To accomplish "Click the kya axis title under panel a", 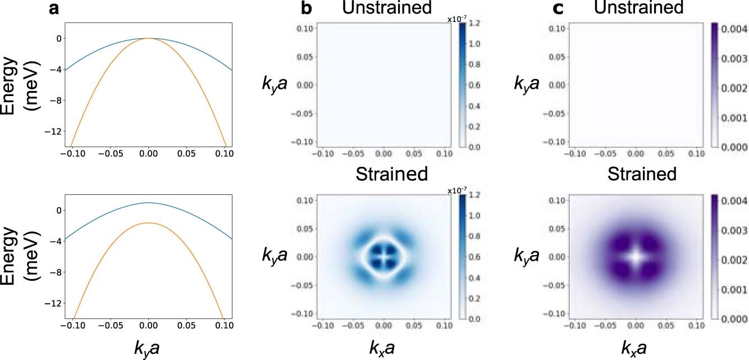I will (148, 348).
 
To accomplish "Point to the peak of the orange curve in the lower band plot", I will (148, 223).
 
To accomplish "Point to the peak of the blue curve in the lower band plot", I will (148, 203).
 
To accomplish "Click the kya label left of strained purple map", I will (527, 256).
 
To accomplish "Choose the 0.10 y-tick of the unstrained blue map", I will (305, 28).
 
